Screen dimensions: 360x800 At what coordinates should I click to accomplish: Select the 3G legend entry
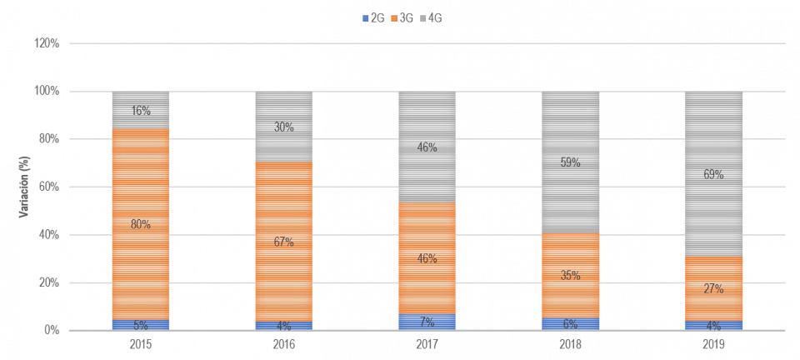tap(402, 17)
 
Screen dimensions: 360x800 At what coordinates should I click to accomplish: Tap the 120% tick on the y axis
tap(48, 43)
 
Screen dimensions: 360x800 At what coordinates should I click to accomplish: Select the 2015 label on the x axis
tap(141, 343)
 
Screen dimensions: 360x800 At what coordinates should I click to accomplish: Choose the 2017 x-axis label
tap(427, 343)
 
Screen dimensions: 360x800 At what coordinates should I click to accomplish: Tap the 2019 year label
tap(714, 343)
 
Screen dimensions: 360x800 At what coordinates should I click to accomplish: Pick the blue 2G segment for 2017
tap(427, 322)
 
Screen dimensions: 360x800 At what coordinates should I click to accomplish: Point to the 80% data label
tap(141, 223)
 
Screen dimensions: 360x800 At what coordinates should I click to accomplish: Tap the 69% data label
tap(714, 174)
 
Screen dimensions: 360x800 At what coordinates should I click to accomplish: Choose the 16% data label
tap(141, 111)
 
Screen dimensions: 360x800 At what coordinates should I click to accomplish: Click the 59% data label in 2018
tap(571, 162)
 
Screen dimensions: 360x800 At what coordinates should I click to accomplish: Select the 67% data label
tap(284, 242)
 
